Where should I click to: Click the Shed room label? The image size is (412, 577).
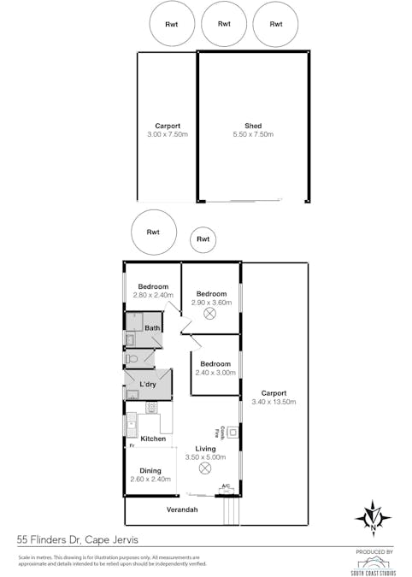(x=253, y=126)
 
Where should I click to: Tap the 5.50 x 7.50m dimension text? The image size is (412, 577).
(x=253, y=135)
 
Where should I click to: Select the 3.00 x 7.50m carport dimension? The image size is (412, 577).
(x=167, y=135)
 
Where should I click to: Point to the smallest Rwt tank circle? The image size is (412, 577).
(x=203, y=239)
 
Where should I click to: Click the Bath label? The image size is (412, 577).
(x=152, y=328)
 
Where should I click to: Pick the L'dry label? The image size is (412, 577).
(x=148, y=385)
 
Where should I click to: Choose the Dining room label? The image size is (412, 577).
(x=150, y=470)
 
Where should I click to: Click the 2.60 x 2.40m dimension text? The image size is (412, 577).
(x=150, y=480)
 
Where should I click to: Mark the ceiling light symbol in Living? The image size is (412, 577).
(x=204, y=468)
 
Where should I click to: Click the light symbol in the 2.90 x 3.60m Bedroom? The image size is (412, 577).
(x=210, y=315)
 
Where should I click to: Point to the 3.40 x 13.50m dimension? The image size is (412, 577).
(x=274, y=402)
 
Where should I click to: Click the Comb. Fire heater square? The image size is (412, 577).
(x=232, y=433)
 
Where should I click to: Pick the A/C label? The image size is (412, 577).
(x=226, y=487)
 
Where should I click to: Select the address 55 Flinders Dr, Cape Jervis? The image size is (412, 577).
(x=77, y=540)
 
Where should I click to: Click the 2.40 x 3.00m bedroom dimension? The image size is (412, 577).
(x=215, y=373)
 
